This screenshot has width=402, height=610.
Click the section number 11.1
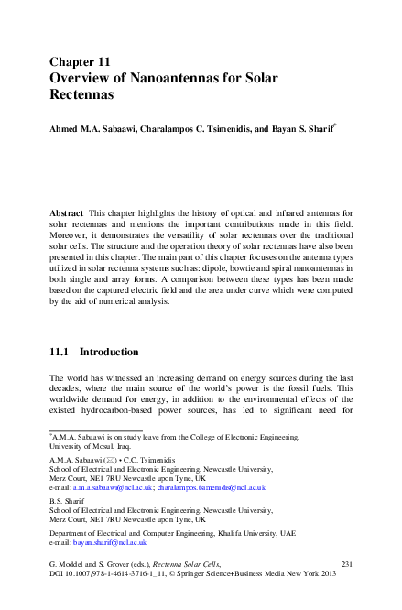point(60,352)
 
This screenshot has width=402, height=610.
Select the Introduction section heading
point(110,352)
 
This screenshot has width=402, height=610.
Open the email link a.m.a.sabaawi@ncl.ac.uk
point(112,488)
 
